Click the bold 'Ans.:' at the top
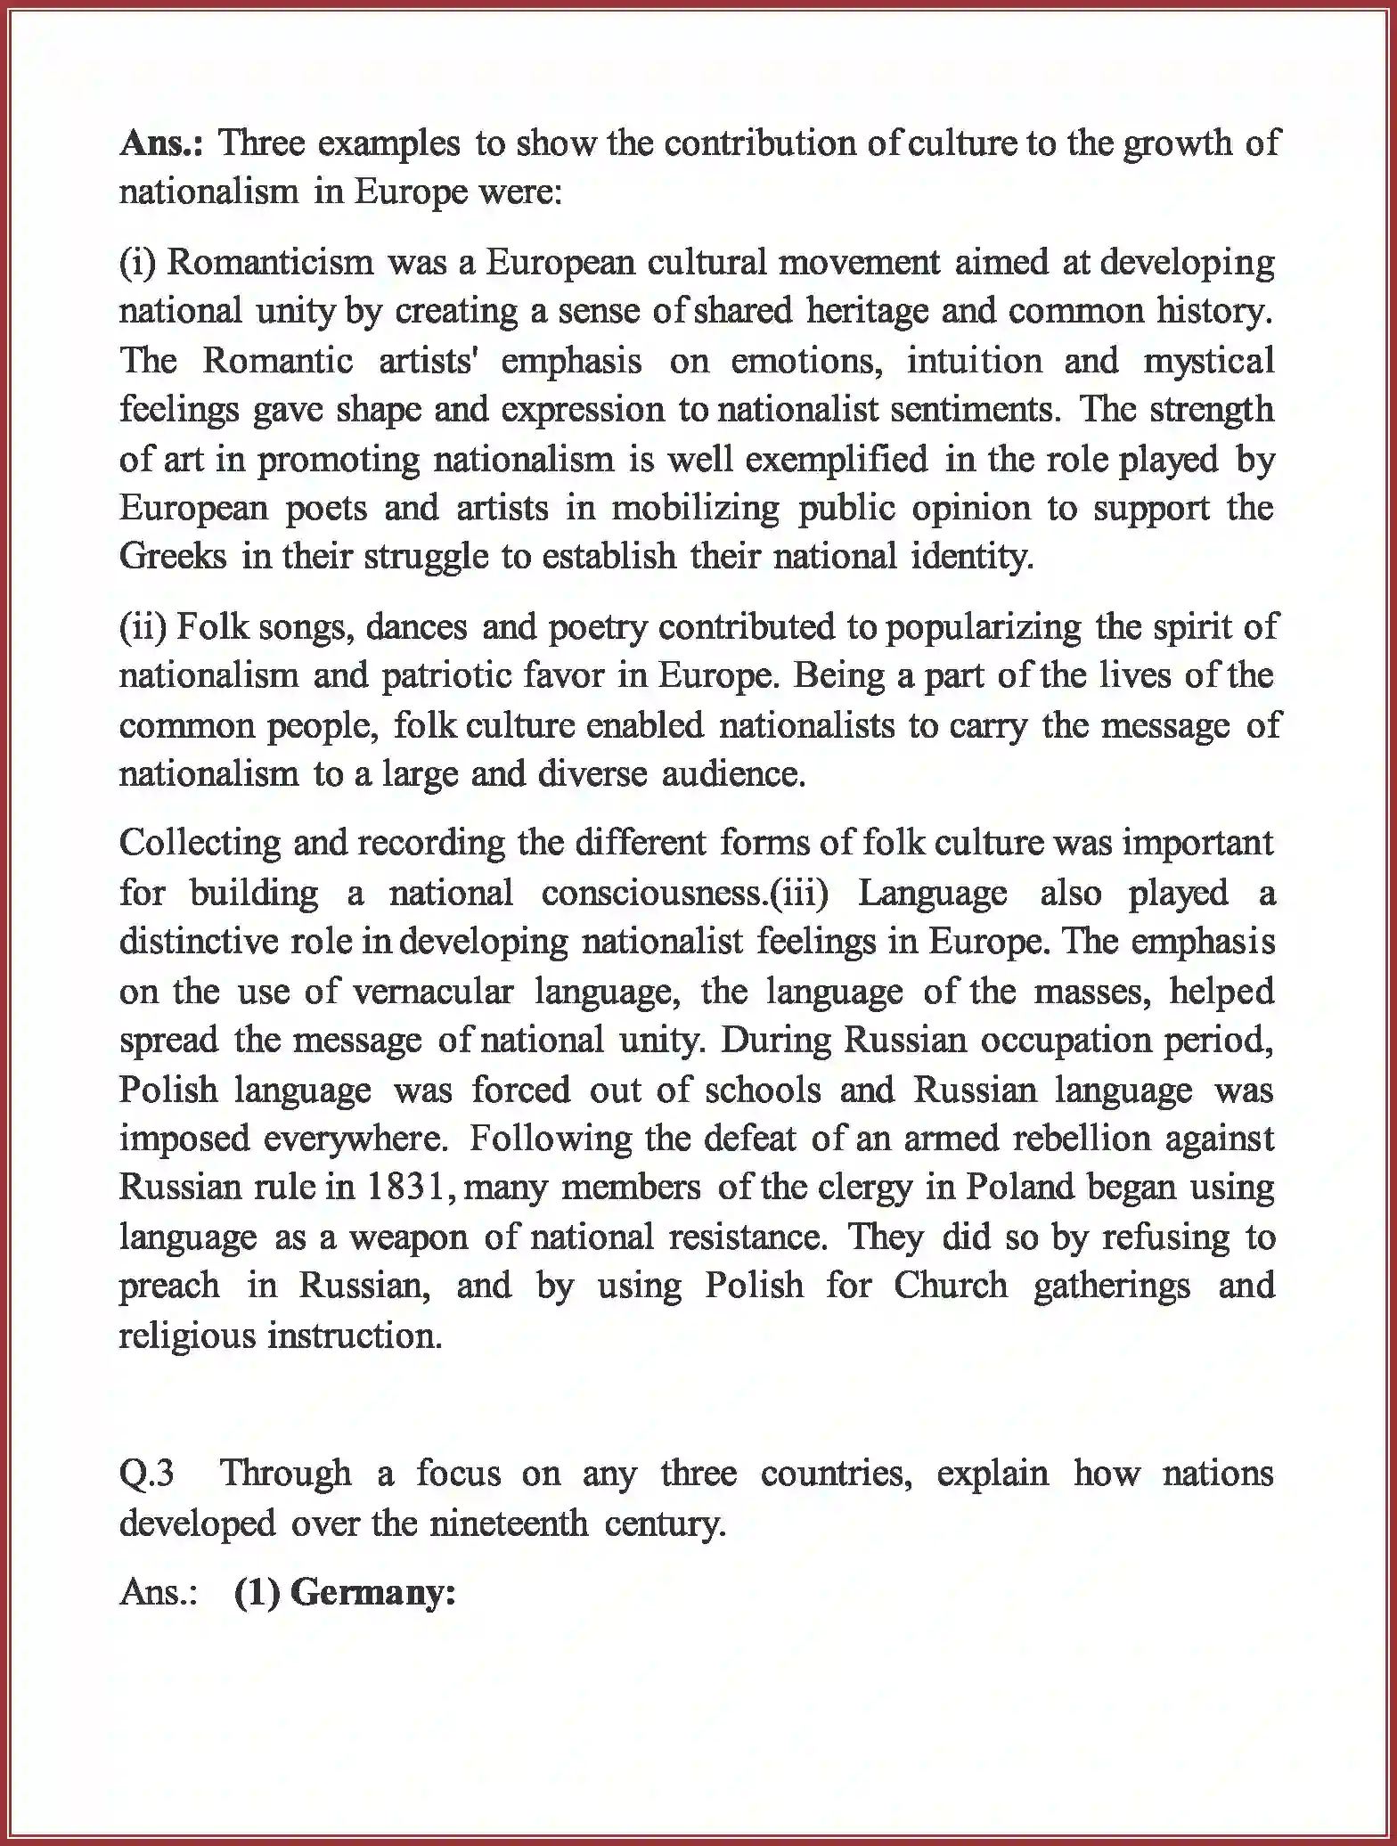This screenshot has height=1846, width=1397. tap(161, 143)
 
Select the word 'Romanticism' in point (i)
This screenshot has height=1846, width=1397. tap(270, 262)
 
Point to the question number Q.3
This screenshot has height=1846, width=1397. tap(147, 1473)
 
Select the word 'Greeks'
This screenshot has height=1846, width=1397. tap(173, 556)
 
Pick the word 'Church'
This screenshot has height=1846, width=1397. tap(951, 1286)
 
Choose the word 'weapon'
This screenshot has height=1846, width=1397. tap(408, 1237)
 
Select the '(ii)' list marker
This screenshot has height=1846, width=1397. tap(143, 626)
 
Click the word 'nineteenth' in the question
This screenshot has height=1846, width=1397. tap(508, 1523)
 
